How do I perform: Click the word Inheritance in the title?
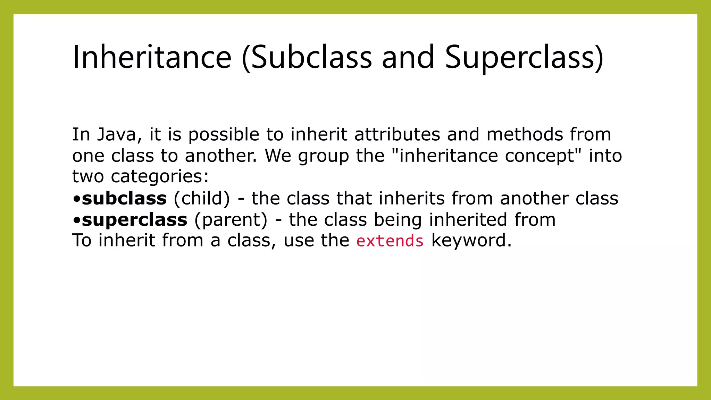click(x=152, y=57)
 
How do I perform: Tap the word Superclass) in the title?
click(x=524, y=57)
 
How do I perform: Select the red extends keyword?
click(x=390, y=241)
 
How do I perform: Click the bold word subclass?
click(x=124, y=198)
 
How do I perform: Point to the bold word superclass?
click(x=134, y=220)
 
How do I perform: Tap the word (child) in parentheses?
click(x=202, y=198)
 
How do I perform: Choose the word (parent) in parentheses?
click(x=231, y=220)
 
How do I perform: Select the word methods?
click(x=524, y=134)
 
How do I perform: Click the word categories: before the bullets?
click(x=160, y=176)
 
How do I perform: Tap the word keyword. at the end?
click(x=471, y=240)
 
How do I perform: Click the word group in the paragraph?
click(x=323, y=156)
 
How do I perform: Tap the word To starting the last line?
click(x=82, y=240)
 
